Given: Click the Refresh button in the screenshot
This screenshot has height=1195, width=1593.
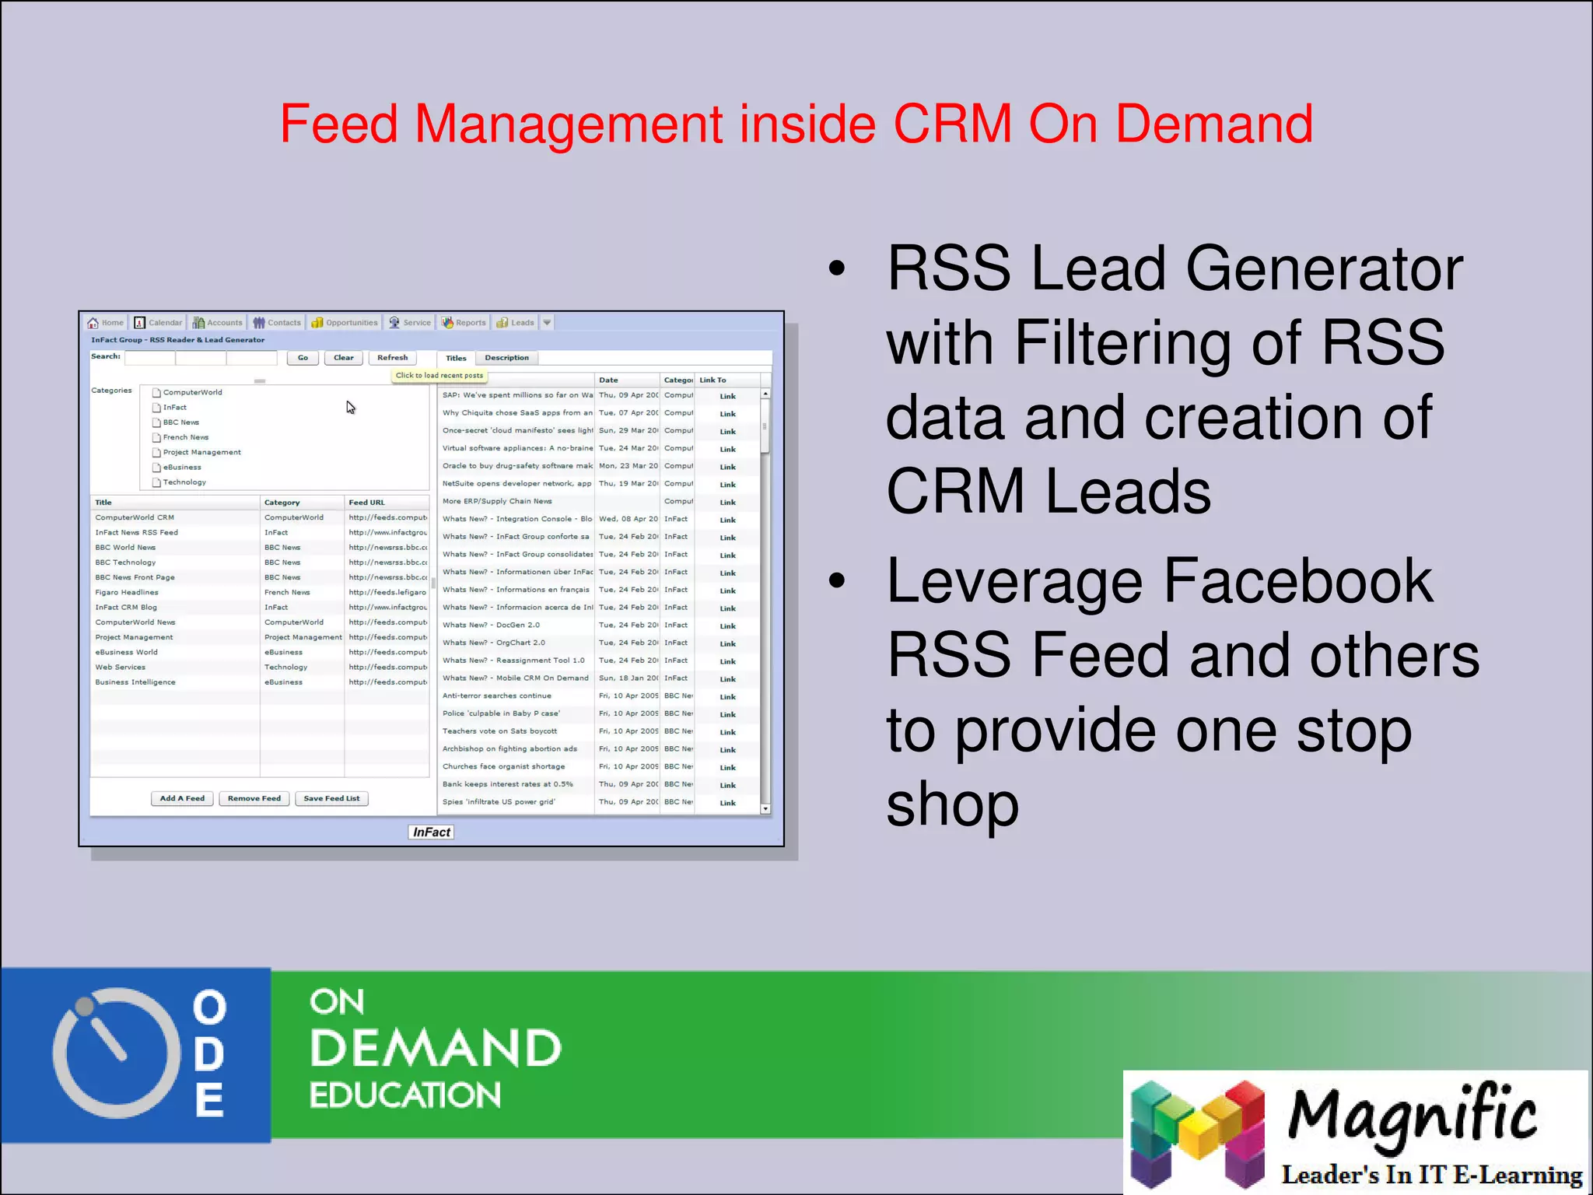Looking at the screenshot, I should pyautogui.click(x=392, y=358).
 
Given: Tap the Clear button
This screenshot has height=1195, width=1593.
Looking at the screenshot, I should pyautogui.click(x=343, y=358).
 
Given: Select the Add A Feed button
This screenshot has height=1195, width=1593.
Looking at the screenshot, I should pyautogui.click(x=182, y=798).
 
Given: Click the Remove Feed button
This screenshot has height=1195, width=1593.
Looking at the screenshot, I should pyautogui.click(x=254, y=798).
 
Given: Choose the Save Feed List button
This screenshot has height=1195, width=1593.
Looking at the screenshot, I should pyautogui.click(x=331, y=798).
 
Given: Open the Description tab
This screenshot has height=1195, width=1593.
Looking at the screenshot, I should pyautogui.click(x=506, y=358).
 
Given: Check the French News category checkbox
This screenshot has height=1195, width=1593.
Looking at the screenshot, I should pyautogui.click(x=156, y=438).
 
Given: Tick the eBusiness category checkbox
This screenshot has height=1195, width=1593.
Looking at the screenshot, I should pyautogui.click(x=156, y=468).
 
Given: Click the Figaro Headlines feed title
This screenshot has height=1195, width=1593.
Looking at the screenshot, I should pyautogui.click(x=127, y=593).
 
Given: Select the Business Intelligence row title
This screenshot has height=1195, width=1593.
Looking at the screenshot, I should pyautogui.click(x=135, y=682).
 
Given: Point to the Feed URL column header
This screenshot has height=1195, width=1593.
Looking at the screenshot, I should pyautogui.click(x=367, y=503).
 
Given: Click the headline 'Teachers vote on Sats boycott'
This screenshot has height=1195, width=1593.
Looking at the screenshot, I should pyautogui.click(x=499, y=731).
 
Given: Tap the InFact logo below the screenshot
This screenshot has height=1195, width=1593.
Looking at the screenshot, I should pyautogui.click(x=431, y=832).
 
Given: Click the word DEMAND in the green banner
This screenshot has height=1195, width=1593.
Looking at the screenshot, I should pyautogui.click(x=436, y=1048).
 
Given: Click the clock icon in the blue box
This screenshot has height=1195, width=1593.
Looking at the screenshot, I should pyautogui.click(x=116, y=1053).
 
